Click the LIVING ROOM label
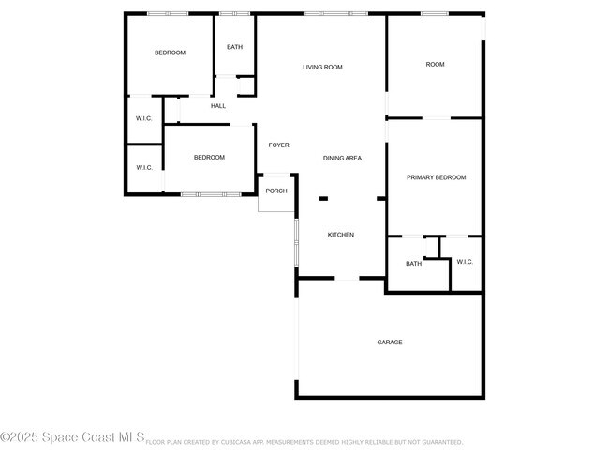(321, 68)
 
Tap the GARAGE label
(390, 343)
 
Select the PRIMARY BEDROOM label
(436, 177)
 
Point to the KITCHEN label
(340, 235)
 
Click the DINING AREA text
(342, 159)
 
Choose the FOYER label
(278, 145)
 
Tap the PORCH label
(276, 191)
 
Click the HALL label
(218, 106)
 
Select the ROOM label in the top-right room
(435, 65)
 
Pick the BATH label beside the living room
(234, 47)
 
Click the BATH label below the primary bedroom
(413, 264)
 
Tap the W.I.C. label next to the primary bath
(465, 262)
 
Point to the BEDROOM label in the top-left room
(170, 53)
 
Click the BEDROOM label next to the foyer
(209, 158)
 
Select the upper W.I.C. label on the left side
(143, 118)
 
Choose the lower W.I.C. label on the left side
(143, 168)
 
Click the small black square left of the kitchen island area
(323, 198)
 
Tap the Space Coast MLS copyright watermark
(72, 437)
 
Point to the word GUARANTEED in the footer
(439, 441)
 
